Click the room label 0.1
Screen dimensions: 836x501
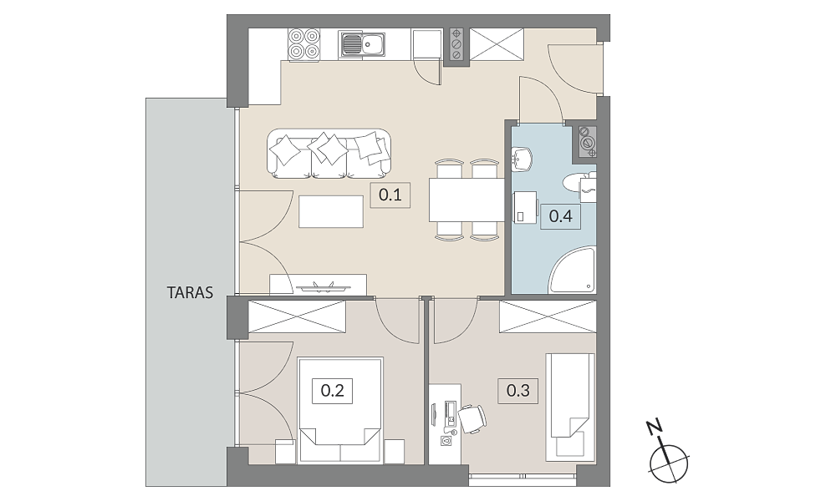coord(390,195)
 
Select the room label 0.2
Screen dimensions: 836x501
coord(332,391)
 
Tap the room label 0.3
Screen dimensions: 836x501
coord(518,391)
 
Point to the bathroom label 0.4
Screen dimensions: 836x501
coord(560,216)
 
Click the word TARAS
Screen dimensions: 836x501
coord(190,293)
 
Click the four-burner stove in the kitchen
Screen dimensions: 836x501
coord(304,43)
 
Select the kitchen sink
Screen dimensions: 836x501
coord(362,44)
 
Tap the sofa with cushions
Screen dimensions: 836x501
coord(329,154)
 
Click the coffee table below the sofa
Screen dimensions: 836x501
coord(331,211)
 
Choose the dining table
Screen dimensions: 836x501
coord(466,200)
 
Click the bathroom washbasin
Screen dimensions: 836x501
coord(522,158)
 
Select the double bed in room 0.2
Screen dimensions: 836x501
coord(340,411)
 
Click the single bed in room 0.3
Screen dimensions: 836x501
coord(569,407)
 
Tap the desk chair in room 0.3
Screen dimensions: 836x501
coord(472,418)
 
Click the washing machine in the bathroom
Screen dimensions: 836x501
coord(524,208)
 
